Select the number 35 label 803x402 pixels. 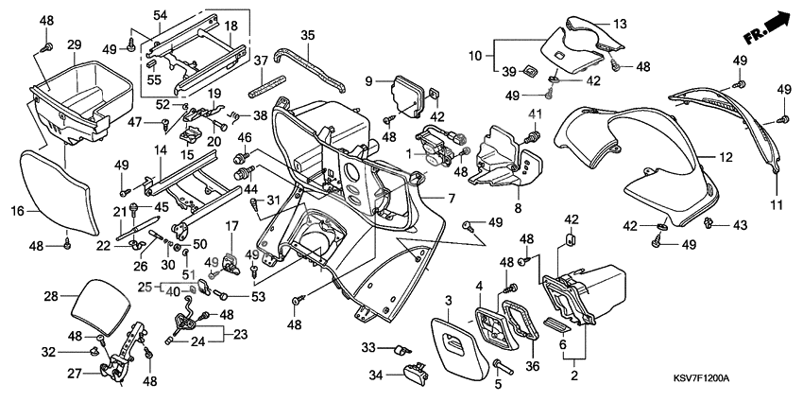[x=307, y=35]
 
